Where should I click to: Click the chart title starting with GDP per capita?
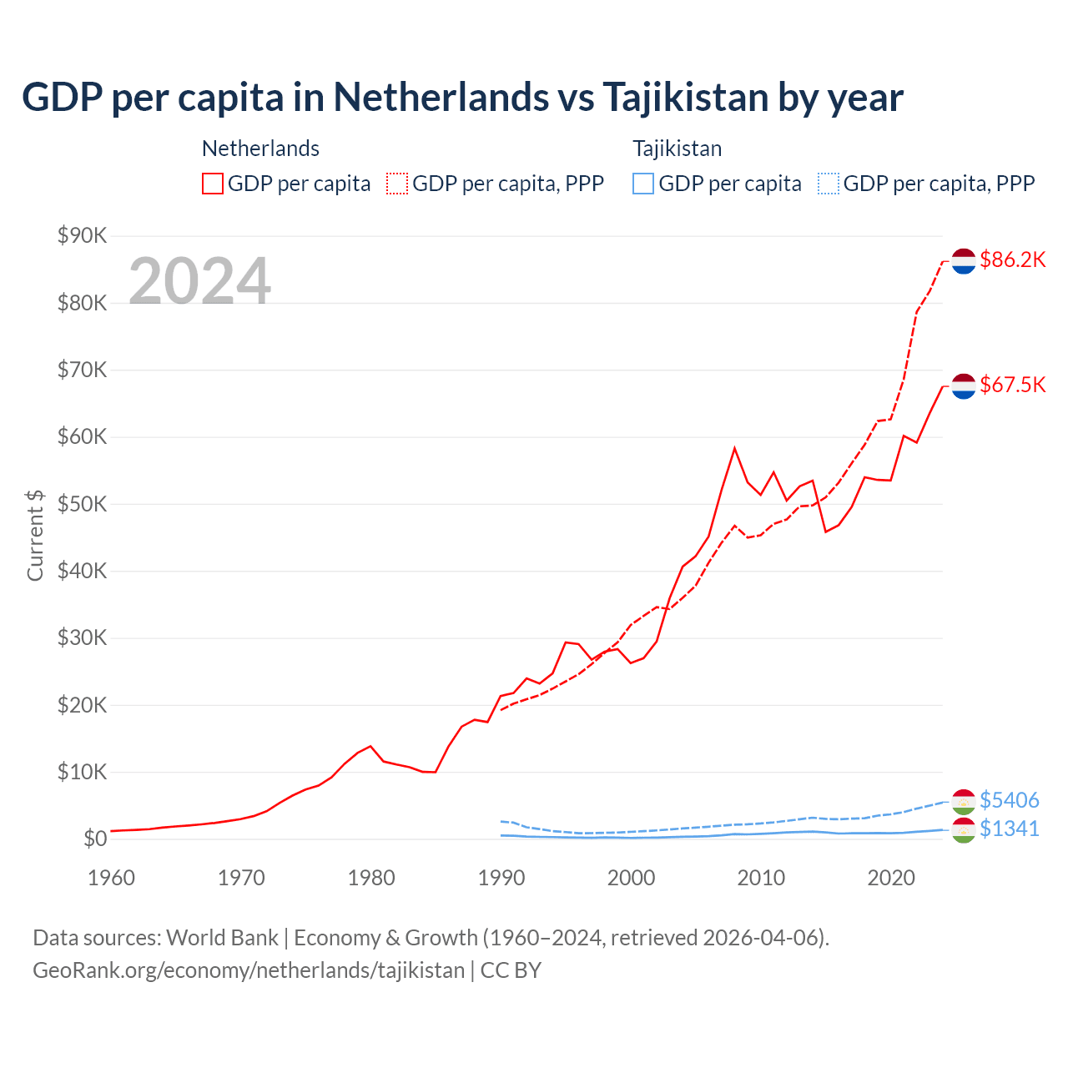pos(462,98)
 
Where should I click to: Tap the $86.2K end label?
pos(1012,260)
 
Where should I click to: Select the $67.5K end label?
pos(1012,385)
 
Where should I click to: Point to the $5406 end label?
pos(1009,801)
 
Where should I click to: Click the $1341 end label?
pos(1009,829)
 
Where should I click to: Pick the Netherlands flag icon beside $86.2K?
pos(964,261)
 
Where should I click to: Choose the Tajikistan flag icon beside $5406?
pos(964,801)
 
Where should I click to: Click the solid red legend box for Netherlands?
pos(213,184)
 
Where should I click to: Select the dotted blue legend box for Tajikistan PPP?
pos(828,184)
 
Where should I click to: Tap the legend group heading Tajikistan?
pos(677,149)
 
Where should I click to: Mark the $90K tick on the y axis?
pos(82,236)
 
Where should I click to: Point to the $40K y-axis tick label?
pos(82,572)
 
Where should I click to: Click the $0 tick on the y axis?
pos(95,839)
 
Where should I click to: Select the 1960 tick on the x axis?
pos(112,878)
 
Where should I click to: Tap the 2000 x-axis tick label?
pos(632,878)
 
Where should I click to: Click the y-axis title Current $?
pos(35,536)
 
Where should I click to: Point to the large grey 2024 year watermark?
pos(199,281)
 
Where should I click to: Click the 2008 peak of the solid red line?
pos(734,448)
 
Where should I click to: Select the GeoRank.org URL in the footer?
pos(249,970)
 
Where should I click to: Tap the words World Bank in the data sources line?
pos(222,938)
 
